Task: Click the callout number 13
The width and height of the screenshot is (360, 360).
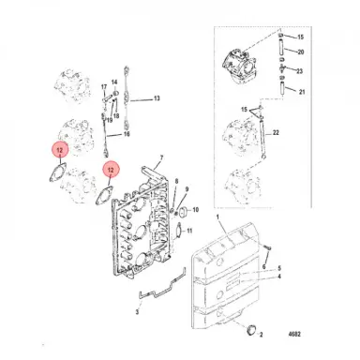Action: click(157, 98)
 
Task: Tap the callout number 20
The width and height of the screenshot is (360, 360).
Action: click(300, 53)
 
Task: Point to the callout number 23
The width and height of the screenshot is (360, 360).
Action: click(300, 70)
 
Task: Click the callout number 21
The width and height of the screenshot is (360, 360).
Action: click(300, 92)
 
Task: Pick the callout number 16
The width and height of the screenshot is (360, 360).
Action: click(127, 135)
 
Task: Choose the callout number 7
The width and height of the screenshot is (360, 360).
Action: click(161, 159)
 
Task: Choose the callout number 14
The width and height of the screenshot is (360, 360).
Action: click(113, 83)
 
